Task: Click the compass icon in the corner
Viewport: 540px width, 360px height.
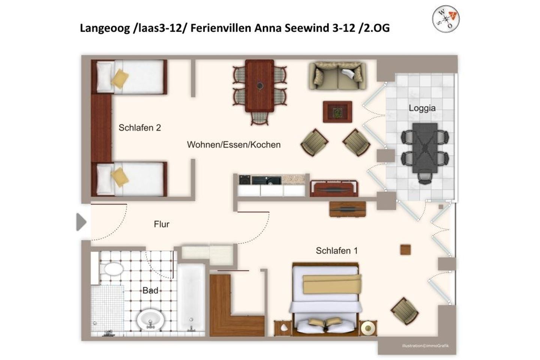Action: pyautogui.click(x=445, y=19)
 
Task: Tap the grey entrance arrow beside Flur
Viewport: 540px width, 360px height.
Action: pyautogui.click(x=81, y=222)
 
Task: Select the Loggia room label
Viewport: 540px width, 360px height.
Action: pyautogui.click(x=422, y=108)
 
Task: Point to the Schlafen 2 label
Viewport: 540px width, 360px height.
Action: pyautogui.click(x=139, y=128)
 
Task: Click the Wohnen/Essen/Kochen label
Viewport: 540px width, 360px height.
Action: pyautogui.click(x=234, y=145)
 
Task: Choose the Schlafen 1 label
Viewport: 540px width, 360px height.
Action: pyautogui.click(x=336, y=250)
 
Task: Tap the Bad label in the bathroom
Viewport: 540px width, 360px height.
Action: pyautogui.click(x=150, y=291)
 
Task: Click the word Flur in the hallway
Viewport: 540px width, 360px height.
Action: pyautogui.click(x=162, y=224)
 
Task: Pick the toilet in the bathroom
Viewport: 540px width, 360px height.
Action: pyautogui.click(x=111, y=268)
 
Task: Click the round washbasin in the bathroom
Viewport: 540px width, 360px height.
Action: pyautogui.click(x=150, y=319)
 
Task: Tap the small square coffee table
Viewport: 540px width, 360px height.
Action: pyautogui.click(x=337, y=111)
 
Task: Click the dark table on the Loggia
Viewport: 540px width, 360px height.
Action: pyautogui.click(x=424, y=147)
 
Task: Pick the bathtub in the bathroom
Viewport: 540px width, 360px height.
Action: pyautogui.click(x=191, y=298)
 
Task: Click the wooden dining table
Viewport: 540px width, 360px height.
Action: pyautogui.click(x=259, y=85)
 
